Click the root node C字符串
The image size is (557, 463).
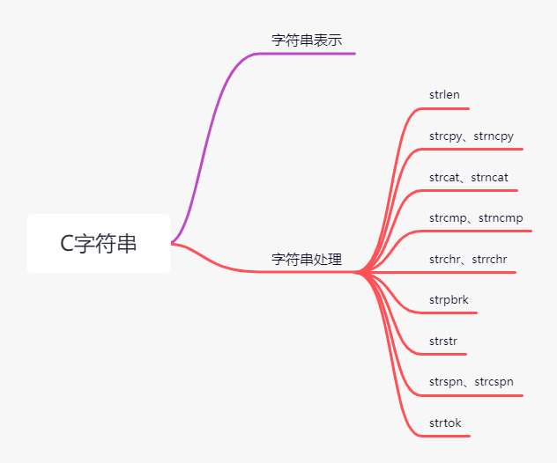click(99, 244)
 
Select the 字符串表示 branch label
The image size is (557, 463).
click(306, 40)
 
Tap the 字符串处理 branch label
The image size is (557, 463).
click(306, 260)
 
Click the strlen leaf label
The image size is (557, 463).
click(444, 95)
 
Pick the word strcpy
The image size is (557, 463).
click(447, 136)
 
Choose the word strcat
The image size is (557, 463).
click(446, 177)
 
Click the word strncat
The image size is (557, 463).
click(490, 177)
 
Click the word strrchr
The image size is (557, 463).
click(490, 259)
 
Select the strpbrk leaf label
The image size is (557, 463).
click(449, 300)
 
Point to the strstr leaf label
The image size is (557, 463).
click(443, 341)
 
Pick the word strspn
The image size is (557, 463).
click(447, 382)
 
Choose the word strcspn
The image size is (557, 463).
click(494, 382)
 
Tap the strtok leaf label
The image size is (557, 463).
click(445, 423)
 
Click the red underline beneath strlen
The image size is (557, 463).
click(445, 108)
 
